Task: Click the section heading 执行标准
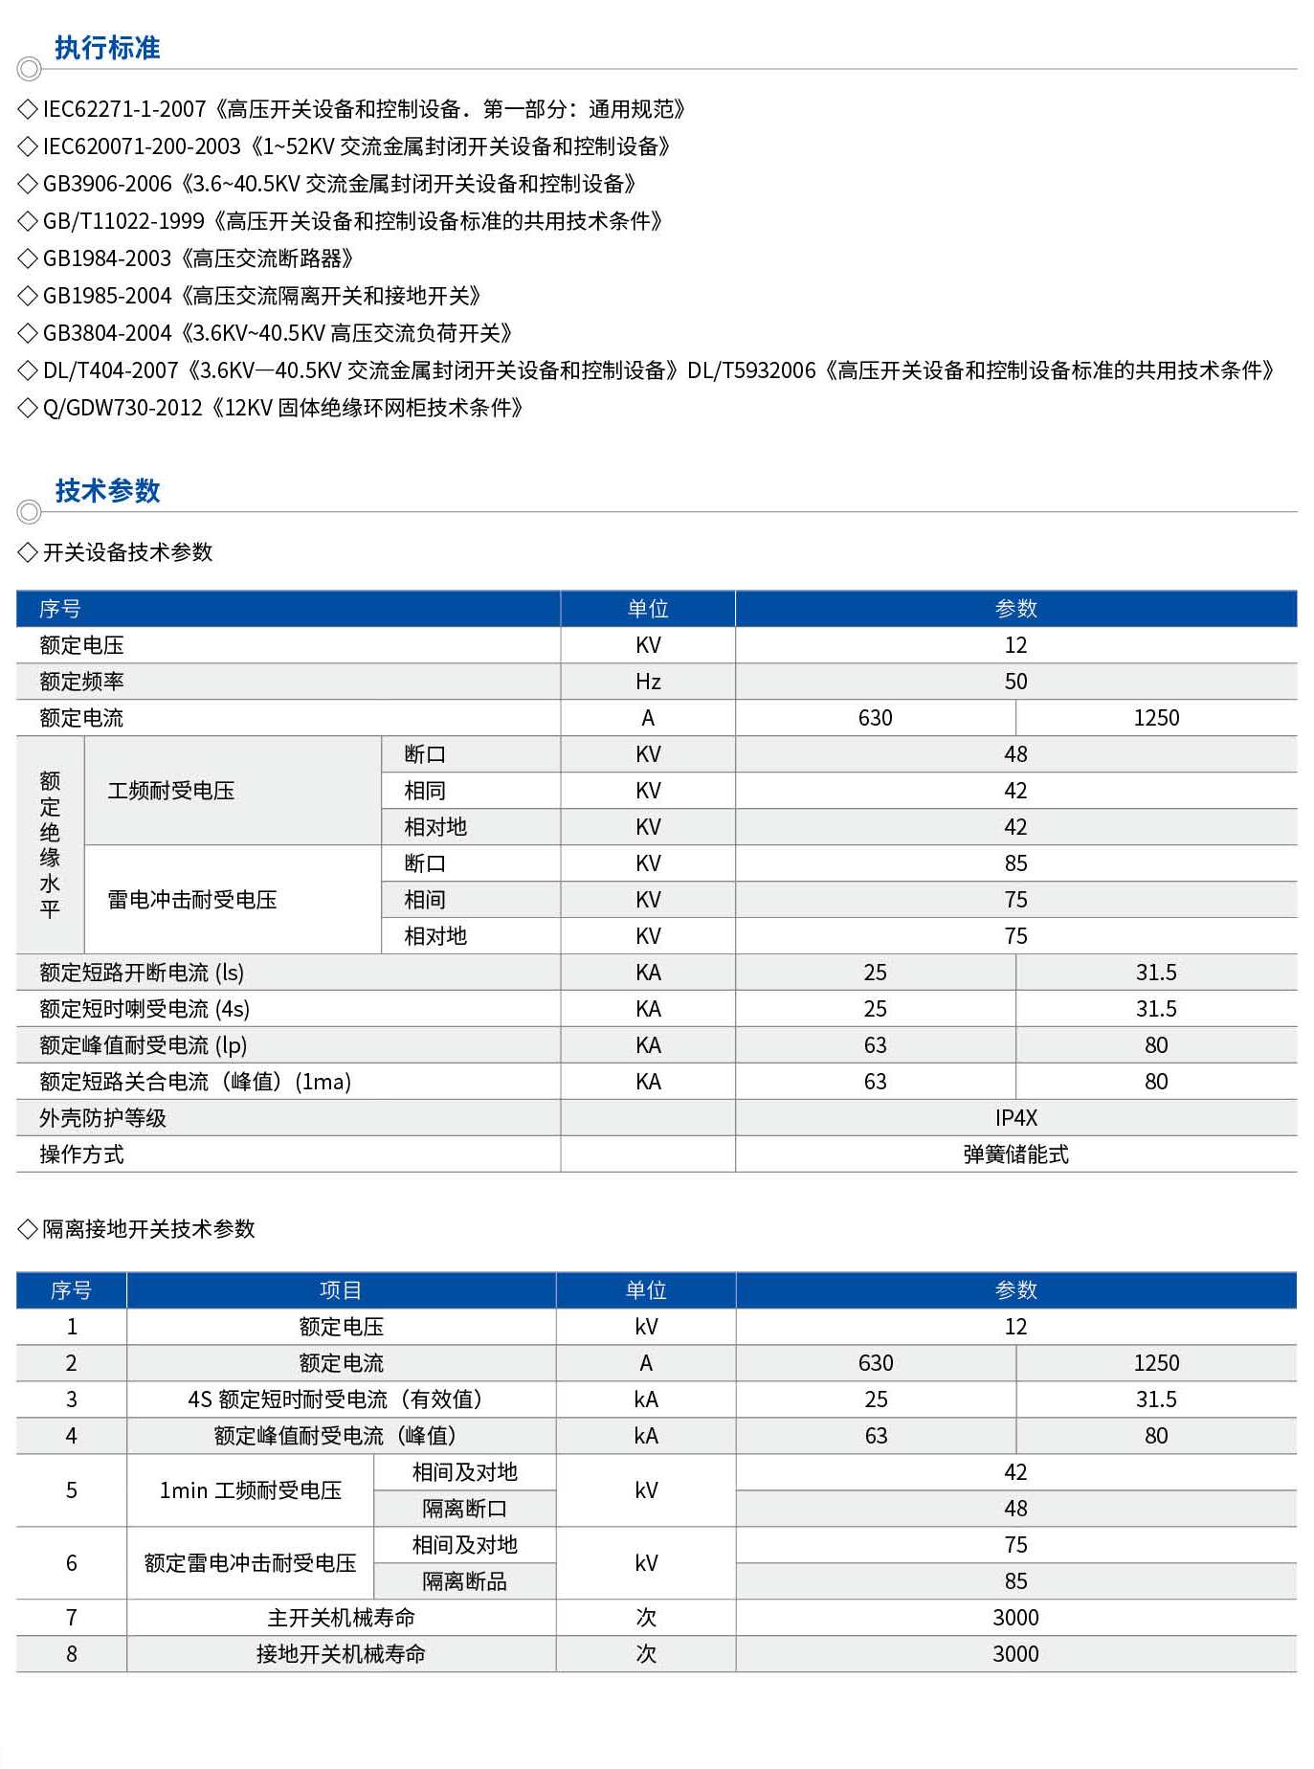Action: [107, 48]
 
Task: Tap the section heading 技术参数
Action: [107, 491]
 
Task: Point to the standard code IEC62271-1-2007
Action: [124, 109]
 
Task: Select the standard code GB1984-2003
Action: [107, 258]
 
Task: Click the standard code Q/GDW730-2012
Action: [122, 408]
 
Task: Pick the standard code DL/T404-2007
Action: [111, 370]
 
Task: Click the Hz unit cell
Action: [648, 682]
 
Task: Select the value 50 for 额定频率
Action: [1015, 682]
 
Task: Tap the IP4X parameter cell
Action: [1015, 1118]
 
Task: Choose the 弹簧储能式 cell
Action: [1015, 1154]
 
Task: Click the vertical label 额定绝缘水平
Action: [50, 844]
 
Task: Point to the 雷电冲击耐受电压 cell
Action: [192, 900]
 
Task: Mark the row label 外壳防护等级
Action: [102, 1118]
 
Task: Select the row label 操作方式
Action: [81, 1154]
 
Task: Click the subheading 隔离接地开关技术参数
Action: [148, 1229]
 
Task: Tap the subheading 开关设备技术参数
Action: [127, 552]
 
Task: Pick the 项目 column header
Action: [341, 1290]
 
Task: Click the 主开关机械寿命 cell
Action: [341, 1618]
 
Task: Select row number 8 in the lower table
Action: [72, 1654]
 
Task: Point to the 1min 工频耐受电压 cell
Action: [250, 1490]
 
